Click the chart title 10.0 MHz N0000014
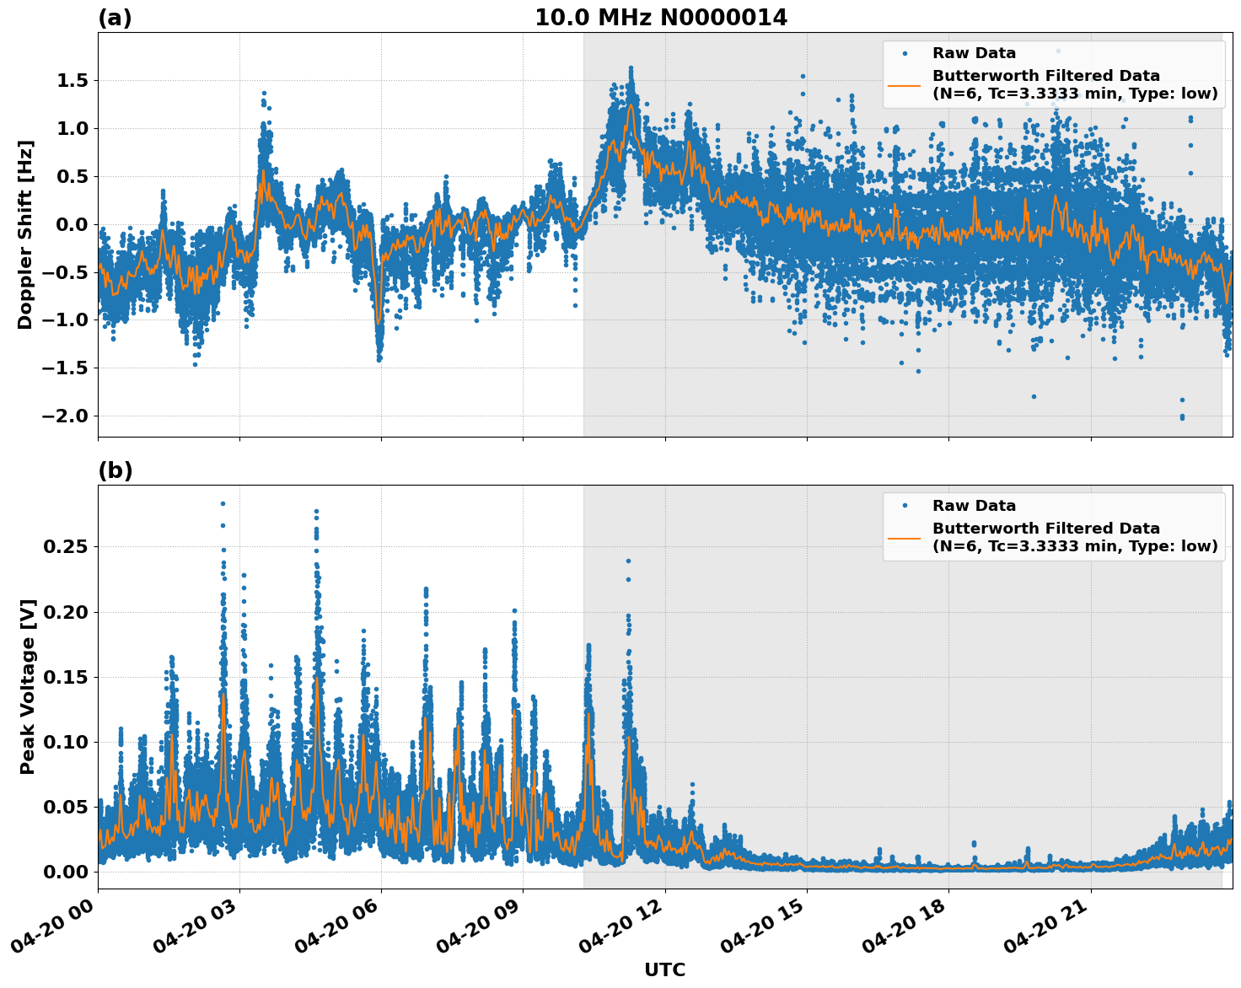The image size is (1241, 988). pos(661,18)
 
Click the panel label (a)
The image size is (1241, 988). pos(115,18)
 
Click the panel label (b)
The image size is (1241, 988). pos(115,470)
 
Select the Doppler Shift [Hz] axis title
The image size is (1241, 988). pos(25,234)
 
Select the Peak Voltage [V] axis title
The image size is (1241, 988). pos(28,686)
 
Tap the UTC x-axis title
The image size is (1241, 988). pos(664,969)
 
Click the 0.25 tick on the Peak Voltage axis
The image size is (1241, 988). pos(66,547)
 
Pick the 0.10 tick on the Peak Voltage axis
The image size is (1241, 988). pos(66,742)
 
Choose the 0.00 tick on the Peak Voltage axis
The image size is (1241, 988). pos(66,872)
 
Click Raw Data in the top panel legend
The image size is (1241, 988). pos(974,53)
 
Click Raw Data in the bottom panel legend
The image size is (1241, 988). pos(974,506)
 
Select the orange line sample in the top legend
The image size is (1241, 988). pos(905,85)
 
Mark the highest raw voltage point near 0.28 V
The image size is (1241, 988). pos(223,503)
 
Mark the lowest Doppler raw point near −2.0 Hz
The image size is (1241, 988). pos(1182,417)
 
